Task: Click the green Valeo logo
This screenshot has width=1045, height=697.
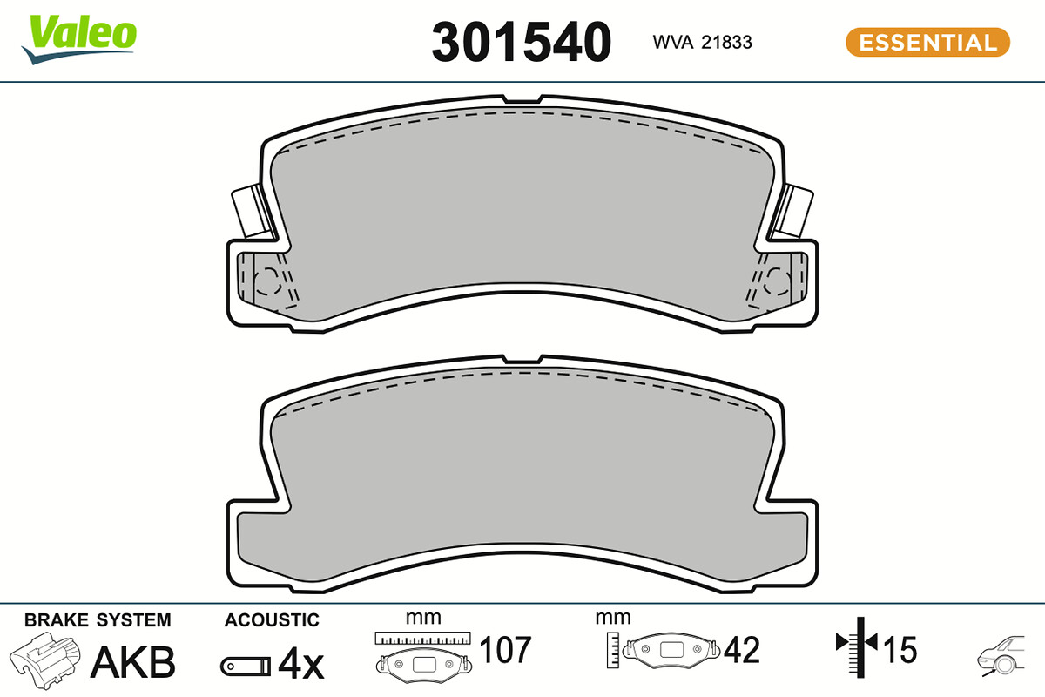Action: (79, 38)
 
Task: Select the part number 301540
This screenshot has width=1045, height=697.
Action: (521, 42)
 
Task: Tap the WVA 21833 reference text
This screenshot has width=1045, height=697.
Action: (702, 43)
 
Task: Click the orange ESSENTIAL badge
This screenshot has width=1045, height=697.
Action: (928, 43)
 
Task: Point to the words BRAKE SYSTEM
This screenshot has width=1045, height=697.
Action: (98, 620)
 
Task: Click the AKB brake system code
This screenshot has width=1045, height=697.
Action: (132, 662)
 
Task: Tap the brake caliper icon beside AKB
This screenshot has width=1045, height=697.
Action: (44, 660)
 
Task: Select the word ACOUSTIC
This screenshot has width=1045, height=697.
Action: (272, 620)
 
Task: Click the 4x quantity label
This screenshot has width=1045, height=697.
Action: (301, 664)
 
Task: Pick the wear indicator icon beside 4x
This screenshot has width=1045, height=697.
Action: (246, 667)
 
